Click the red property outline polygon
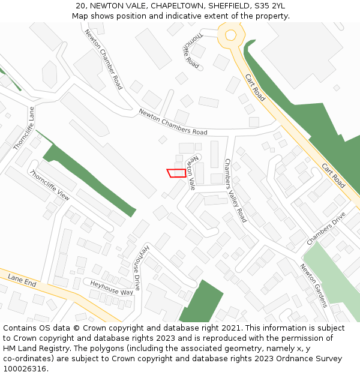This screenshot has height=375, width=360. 176,173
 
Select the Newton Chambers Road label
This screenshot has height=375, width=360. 173,122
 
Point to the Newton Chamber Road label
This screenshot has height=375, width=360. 103,59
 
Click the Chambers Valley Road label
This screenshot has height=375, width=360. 235,190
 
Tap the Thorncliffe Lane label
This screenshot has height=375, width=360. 25,128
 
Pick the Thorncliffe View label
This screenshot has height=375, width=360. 49,185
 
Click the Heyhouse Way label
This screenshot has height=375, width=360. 111,287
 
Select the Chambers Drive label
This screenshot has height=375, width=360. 326,228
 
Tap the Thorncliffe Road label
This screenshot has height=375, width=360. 191,49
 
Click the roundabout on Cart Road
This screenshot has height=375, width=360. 230,35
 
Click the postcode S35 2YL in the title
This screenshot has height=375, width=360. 269,6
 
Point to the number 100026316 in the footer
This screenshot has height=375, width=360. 25,368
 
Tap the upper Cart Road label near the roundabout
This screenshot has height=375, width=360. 255,87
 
